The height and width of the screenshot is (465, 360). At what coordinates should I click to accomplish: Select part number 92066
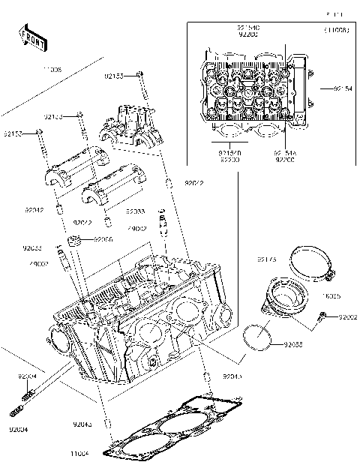(x=103, y=239)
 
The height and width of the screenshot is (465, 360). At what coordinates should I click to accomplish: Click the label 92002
(x=348, y=317)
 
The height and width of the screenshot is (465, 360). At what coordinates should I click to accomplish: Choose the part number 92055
(x=294, y=343)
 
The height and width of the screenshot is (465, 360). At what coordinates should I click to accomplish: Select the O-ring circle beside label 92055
(x=258, y=338)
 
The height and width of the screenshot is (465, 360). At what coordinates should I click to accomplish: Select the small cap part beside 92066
(x=75, y=241)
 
